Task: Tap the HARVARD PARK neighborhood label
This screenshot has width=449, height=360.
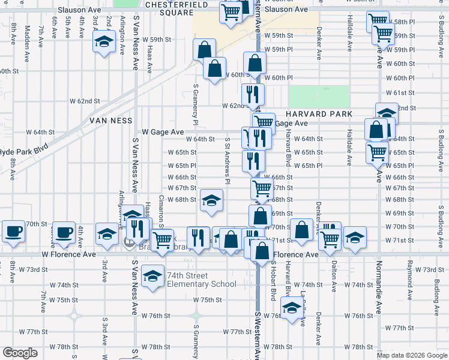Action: click(318, 114)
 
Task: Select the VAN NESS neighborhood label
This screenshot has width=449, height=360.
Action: click(110, 121)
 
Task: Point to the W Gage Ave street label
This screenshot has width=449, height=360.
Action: click(163, 132)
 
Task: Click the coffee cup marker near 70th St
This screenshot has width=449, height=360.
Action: click(13, 231)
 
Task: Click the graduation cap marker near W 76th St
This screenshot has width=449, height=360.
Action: click(292, 309)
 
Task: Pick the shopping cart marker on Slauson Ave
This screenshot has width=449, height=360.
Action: click(231, 11)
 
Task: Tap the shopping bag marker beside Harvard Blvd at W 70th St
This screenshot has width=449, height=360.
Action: click(302, 228)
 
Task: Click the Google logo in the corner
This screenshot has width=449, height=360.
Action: click(20, 353)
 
